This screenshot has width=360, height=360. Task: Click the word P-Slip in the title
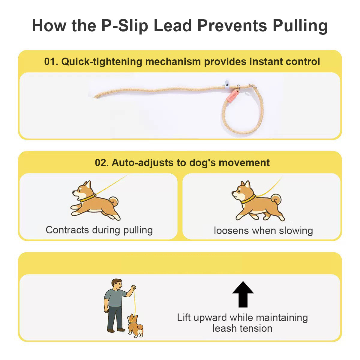pos(125,26)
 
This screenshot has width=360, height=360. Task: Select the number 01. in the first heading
pos(51,61)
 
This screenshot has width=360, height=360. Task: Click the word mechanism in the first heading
pos(173,61)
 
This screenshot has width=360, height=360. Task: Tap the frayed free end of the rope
pos(96,97)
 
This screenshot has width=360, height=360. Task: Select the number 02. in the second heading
pos(102,163)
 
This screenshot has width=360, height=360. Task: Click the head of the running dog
pos(83,191)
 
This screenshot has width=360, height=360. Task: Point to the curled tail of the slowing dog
pos(276,199)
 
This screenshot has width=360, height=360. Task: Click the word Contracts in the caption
pos(67,230)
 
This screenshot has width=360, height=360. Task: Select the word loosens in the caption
pos(232,231)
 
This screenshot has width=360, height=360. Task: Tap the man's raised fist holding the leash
pos(133,288)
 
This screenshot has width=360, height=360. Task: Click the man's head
pos(117,285)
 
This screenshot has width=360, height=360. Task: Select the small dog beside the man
pos(135,326)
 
